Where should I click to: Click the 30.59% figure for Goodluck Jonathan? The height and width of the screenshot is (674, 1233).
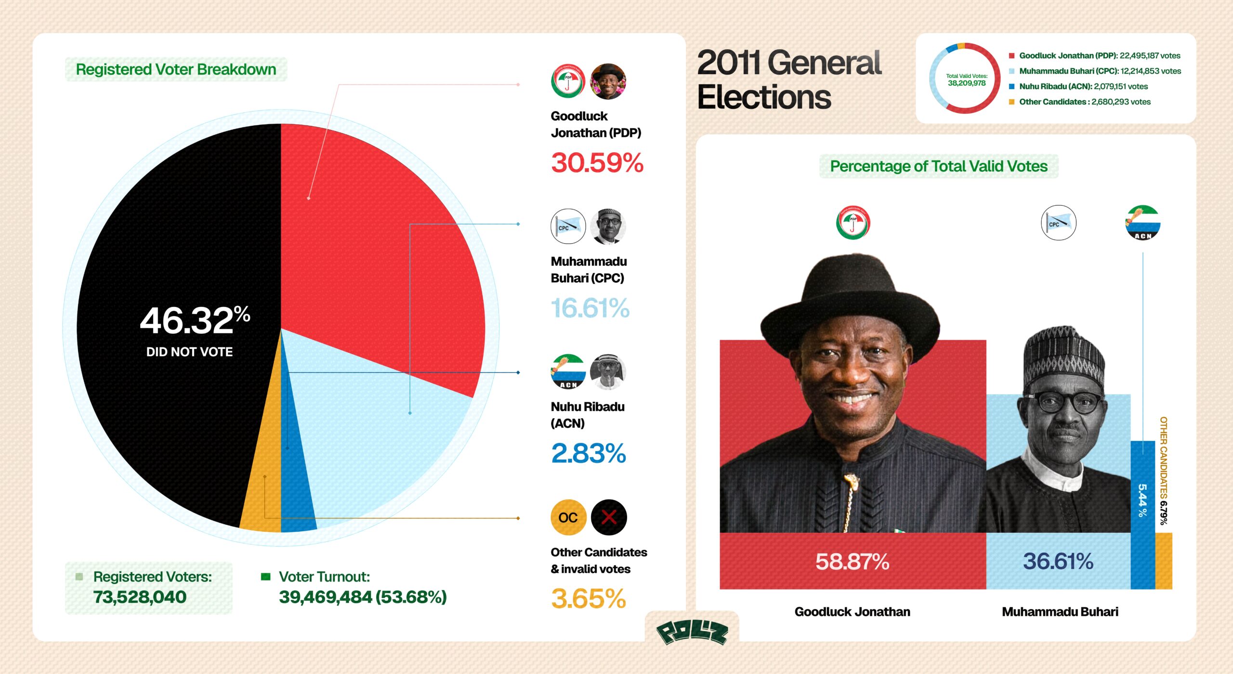pos(597,163)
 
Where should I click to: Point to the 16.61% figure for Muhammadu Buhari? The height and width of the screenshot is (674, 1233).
pos(590,308)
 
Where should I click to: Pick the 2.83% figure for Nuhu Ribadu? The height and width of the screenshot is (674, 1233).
pos(588,454)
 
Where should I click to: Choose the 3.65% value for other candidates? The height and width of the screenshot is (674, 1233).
pos(588,599)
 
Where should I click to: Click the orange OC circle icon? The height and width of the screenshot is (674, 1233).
pos(568,517)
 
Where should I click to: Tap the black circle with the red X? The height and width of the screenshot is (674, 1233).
pos(609,517)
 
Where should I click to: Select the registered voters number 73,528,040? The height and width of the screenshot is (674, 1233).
pos(140,597)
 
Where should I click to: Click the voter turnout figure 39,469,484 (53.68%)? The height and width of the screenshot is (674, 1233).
pos(363,597)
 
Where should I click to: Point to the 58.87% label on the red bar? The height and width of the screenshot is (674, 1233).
pos(852,562)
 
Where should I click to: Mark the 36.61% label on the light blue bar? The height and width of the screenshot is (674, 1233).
pos(1058,561)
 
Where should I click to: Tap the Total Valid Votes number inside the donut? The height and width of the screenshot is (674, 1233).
pos(966,83)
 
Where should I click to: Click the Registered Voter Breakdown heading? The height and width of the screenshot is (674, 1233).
pos(176,70)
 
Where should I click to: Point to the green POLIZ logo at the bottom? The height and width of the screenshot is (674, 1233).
pos(692,632)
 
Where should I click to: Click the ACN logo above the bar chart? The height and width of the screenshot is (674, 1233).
pos(1142,223)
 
